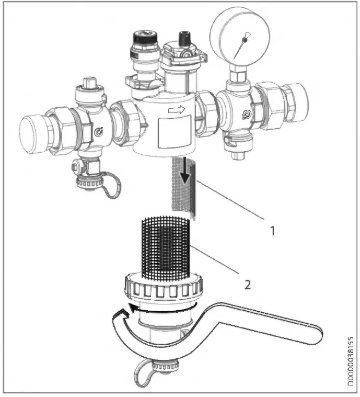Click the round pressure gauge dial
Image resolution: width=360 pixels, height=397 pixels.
pos(238,37)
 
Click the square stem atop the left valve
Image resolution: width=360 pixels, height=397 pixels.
pos(88,84)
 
